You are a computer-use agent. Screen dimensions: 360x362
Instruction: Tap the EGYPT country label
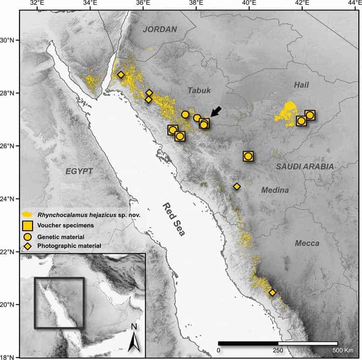tap(79, 171)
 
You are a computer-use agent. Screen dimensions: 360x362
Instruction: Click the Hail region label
tap(302, 85)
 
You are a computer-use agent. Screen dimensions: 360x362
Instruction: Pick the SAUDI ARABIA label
tap(305, 166)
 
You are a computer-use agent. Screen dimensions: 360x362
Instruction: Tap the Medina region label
tap(274, 190)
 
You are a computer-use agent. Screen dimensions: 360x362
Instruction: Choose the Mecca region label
tap(307, 243)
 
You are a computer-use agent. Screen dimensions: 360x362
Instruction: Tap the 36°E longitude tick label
tap(143, 4)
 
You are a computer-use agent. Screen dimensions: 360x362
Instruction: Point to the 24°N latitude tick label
tap(10, 199)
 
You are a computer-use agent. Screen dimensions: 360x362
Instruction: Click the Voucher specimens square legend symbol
tap(28, 225)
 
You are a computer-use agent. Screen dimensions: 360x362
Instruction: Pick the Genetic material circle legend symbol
tap(28, 236)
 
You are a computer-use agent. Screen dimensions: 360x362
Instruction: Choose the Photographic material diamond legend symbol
tap(28, 246)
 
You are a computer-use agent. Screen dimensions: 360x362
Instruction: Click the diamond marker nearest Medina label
tap(237, 186)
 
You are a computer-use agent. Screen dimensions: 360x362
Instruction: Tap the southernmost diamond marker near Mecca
tap(272, 293)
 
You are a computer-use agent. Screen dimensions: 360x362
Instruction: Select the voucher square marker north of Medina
tap(248, 156)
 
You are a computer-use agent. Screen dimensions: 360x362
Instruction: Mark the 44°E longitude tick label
tap(354, 4)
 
